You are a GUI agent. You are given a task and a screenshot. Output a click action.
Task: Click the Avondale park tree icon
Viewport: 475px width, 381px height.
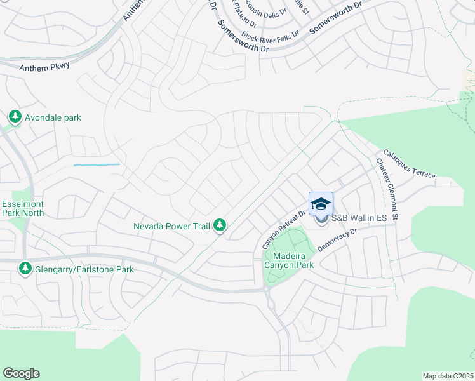tap(15, 117)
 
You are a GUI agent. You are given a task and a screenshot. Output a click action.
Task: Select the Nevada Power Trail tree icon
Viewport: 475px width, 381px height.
tap(220, 225)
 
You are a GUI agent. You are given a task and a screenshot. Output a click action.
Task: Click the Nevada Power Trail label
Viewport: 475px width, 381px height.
tap(171, 225)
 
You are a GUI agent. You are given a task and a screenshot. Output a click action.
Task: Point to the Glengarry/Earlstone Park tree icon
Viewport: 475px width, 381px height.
tap(25, 269)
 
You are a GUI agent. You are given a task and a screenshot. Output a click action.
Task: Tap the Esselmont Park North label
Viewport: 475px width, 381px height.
tap(23, 208)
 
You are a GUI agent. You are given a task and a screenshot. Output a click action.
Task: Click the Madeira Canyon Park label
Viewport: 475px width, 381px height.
tap(290, 260)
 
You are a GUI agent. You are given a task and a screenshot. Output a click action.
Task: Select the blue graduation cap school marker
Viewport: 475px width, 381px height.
tap(321, 204)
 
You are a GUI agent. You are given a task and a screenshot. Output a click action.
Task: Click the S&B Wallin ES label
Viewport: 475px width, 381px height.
tap(359, 218)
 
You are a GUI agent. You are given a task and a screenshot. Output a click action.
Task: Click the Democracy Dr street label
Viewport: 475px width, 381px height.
tap(338, 240)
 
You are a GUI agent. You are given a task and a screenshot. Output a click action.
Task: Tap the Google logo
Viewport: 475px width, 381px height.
tap(21, 373)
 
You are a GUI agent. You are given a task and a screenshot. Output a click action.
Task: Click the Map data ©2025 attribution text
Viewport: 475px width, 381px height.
tap(448, 376)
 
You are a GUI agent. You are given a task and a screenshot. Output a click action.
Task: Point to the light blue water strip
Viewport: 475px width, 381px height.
tap(97, 165)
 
